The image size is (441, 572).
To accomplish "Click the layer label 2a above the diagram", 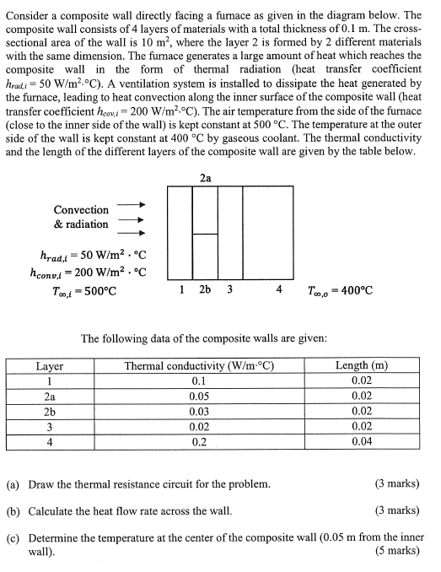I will click(206, 177).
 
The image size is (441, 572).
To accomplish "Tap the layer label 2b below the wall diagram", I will click(206, 290).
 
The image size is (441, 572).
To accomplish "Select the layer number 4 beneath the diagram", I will click(279, 290).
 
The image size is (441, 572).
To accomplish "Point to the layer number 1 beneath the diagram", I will click(182, 290).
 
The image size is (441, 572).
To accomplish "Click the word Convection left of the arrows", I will click(81, 209).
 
